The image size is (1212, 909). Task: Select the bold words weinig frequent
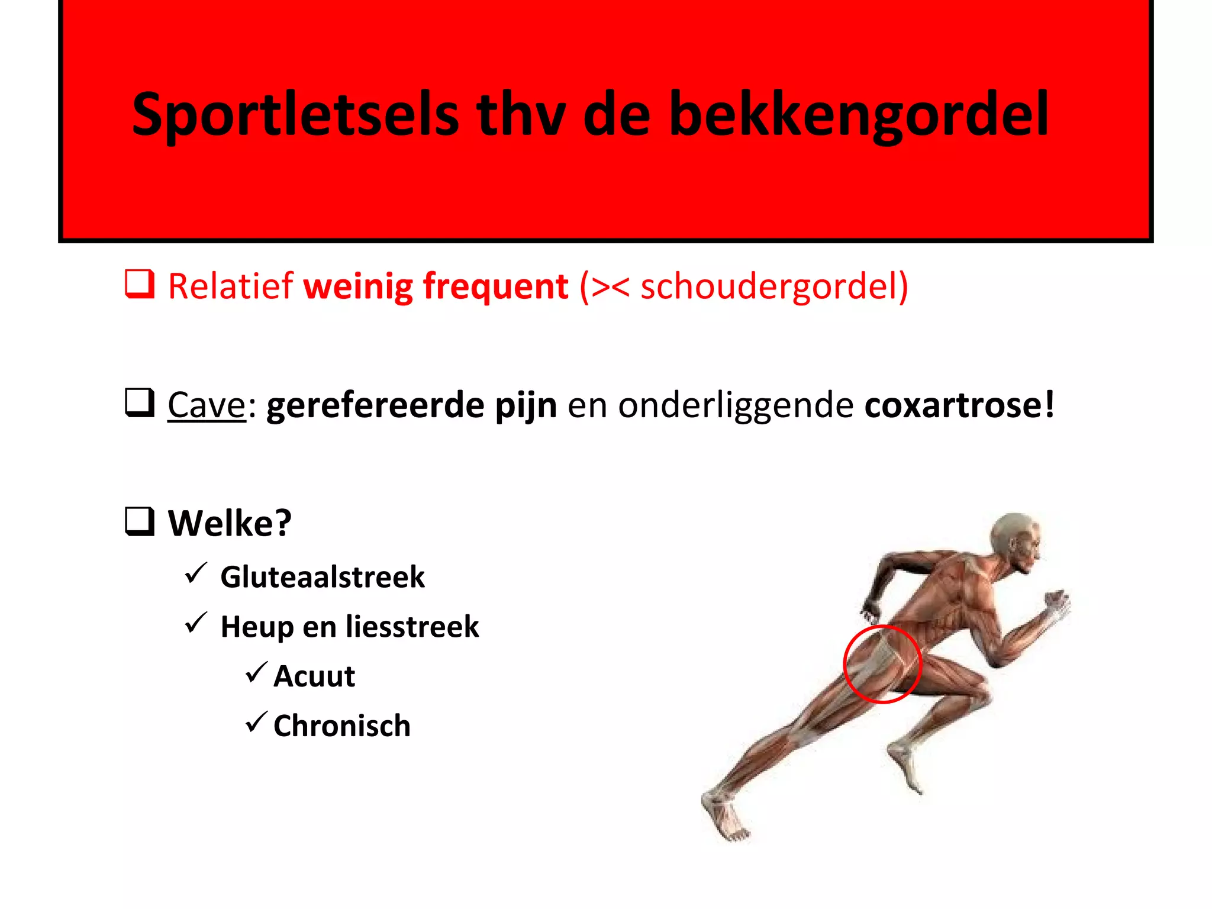coord(436,286)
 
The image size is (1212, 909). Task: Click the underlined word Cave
coord(206,405)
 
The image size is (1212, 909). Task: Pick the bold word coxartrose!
coord(959,405)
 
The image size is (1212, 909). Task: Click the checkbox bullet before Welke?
coord(140,521)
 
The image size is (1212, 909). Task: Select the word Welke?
coord(230,523)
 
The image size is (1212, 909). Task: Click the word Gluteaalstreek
coord(323,577)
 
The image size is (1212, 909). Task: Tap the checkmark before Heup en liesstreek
coord(195,623)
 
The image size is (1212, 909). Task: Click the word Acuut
coord(314,676)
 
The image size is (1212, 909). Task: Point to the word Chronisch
coord(341,726)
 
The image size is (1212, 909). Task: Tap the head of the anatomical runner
coord(1016,540)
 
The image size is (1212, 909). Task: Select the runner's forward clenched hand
coord(1057,604)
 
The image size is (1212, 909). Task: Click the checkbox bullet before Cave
coord(140,403)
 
